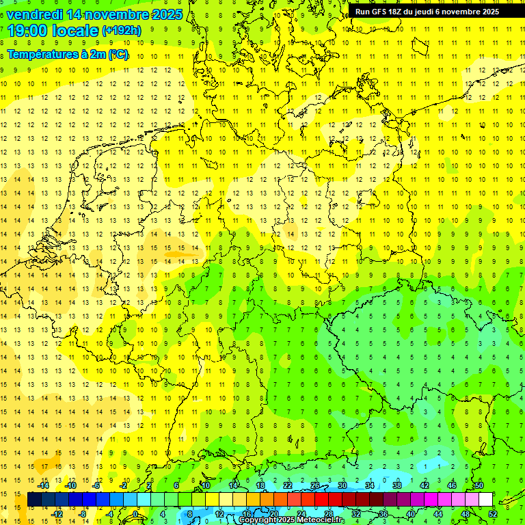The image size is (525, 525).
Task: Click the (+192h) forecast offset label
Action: pyautogui.click(x=122, y=31)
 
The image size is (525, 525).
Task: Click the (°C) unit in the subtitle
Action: pyautogui.click(x=118, y=54)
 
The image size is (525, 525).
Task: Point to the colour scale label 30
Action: pyautogui.click(x=342, y=485)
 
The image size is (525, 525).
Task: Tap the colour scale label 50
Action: pyautogui.click(x=479, y=485)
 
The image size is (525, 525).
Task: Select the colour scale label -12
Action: pyautogui.click(x=57, y=514)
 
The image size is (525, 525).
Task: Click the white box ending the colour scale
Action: pyautogui.click(x=485, y=500)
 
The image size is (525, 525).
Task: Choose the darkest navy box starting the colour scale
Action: pyautogui.click(x=34, y=500)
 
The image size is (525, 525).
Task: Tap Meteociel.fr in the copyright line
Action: pyautogui.click(x=321, y=520)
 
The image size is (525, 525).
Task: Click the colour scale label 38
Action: pyautogui.click(x=396, y=485)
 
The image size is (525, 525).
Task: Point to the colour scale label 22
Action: pyautogui.click(x=288, y=485)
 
